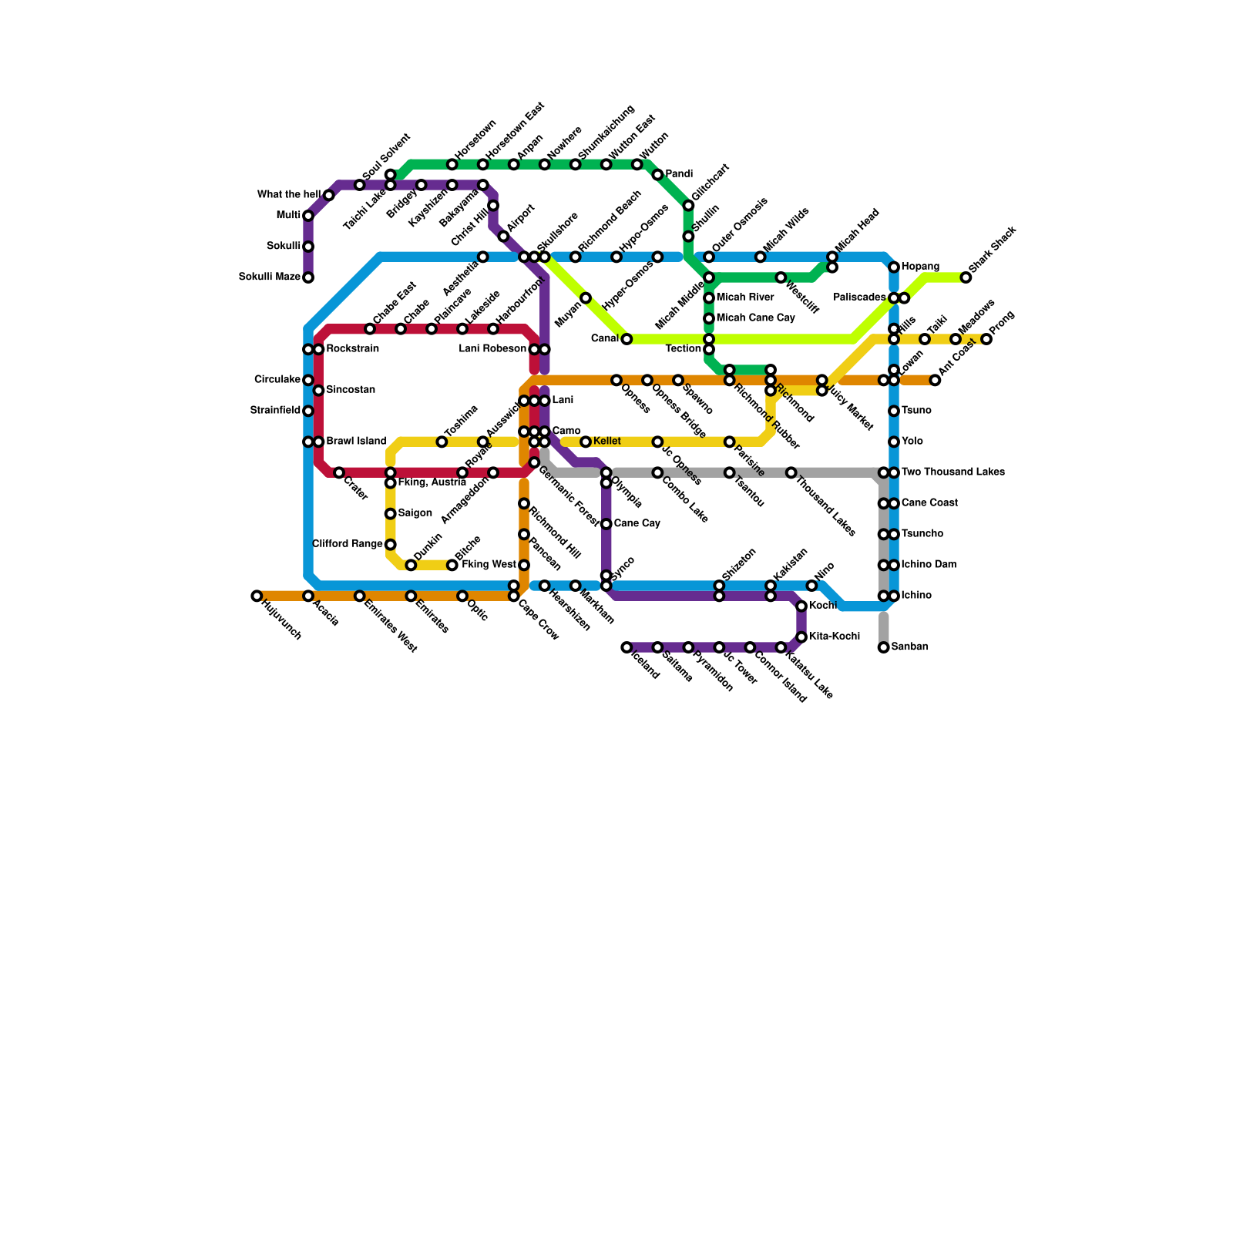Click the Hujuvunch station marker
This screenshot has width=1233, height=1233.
257,596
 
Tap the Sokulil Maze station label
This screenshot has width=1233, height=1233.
270,277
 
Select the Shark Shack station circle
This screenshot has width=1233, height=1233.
966,277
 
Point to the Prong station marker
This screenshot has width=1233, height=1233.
986,339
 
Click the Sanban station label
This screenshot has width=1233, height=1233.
909,647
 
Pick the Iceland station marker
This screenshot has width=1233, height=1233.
627,647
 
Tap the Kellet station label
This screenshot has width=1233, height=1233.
607,442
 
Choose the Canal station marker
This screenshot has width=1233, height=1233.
627,339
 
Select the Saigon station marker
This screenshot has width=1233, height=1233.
391,514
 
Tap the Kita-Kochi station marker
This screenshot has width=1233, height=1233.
801,637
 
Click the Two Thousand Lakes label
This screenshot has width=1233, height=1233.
952,472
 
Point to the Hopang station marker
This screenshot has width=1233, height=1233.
894,267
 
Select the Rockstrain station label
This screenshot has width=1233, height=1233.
352,349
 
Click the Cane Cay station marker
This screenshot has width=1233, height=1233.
606,524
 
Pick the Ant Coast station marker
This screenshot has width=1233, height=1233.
935,380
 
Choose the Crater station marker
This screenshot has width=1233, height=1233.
339,472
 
